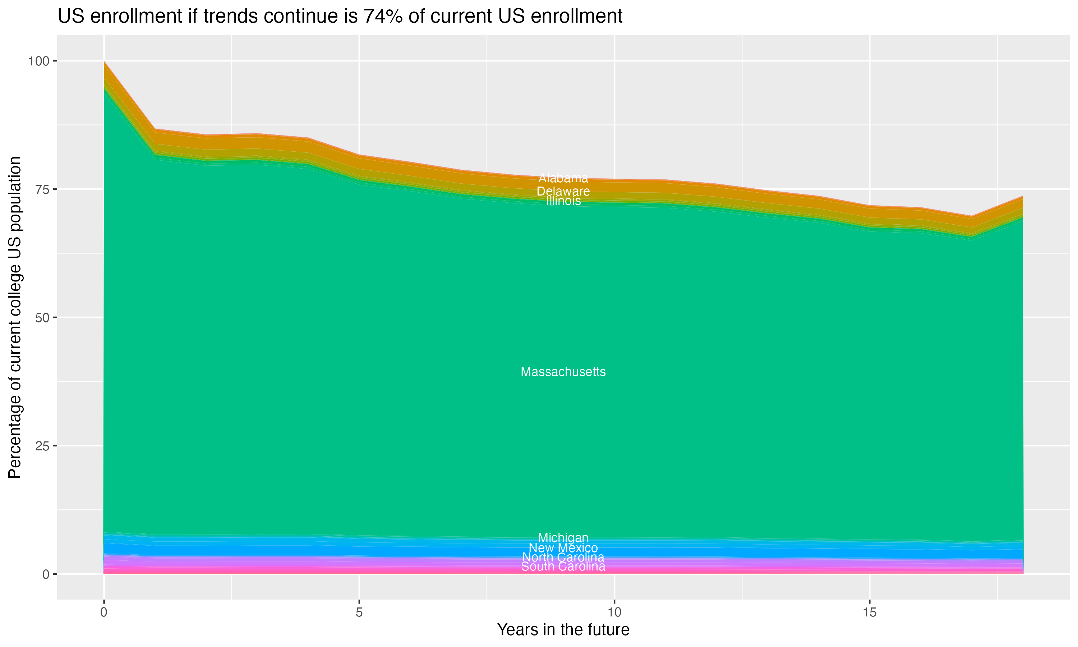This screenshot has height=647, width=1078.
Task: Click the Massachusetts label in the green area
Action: [x=563, y=372]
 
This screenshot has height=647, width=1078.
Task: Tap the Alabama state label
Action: [x=563, y=178]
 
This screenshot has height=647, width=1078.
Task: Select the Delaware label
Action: [x=563, y=191]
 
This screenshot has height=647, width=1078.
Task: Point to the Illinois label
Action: [x=563, y=201]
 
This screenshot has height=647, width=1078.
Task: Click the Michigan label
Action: [x=563, y=538]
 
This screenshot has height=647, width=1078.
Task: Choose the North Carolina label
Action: [x=563, y=557]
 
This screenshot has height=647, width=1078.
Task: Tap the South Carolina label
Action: [x=563, y=567]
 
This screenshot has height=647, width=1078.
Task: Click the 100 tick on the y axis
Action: [x=38, y=61]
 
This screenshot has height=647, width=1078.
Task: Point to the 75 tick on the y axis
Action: [x=41, y=189]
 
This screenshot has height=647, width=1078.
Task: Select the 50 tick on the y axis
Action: [x=41, y=317]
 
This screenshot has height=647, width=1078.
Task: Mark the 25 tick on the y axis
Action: [x=41, y=446]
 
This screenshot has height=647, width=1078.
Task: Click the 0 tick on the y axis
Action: [x=45, y=574]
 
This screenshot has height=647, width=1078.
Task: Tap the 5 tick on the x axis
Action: [x=359, y=612]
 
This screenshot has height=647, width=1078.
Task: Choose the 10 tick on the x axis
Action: [x=614, y=612]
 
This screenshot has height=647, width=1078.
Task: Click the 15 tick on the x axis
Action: [x=869, y=612]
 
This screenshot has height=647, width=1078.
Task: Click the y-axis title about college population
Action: [x=15, y=317]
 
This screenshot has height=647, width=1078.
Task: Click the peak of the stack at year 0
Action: [x=104, y=62]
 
